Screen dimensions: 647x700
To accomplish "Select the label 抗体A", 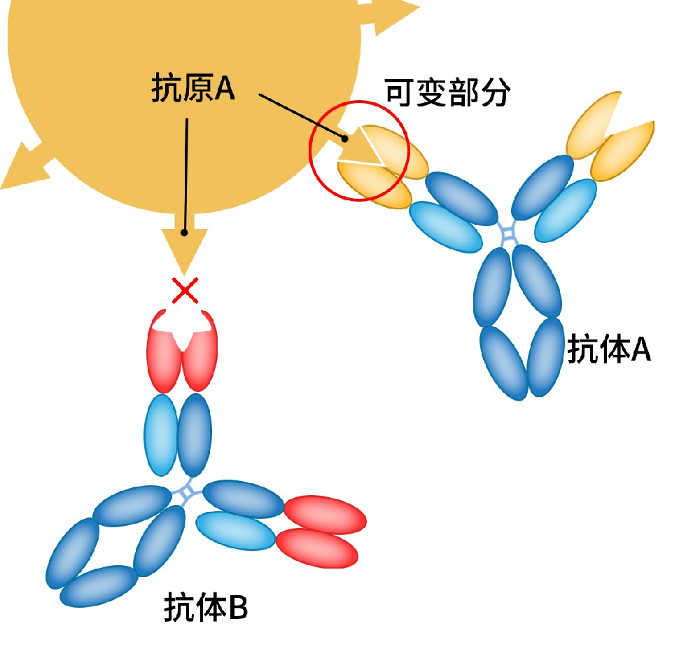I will point(609,349).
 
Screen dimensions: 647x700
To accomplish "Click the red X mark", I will point(185,290).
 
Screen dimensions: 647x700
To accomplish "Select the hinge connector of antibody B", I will point(187,493).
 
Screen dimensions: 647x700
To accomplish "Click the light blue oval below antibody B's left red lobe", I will point(161,433).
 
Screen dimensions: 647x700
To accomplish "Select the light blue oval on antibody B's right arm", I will point(235,530).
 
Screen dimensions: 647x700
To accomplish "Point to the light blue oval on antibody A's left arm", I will point(446,227).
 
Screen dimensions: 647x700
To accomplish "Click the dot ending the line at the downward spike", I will point(184,232).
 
